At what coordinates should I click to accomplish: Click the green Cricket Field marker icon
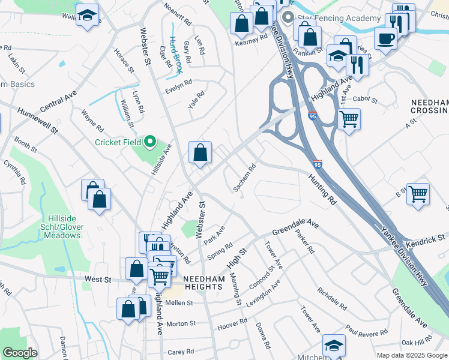(x=150, y=142)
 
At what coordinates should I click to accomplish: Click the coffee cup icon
(x=385, y=38)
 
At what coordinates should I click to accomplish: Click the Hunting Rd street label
(x=323, y=191)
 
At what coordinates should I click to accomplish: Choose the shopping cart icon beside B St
(x=418, y=194)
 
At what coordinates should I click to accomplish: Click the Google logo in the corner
(x=20, y=353)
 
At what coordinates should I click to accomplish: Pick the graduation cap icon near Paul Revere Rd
(x=334, y=345)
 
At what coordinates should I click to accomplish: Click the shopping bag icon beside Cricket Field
(x=200, y=152)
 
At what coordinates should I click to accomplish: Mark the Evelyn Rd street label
(x=178, y=86)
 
